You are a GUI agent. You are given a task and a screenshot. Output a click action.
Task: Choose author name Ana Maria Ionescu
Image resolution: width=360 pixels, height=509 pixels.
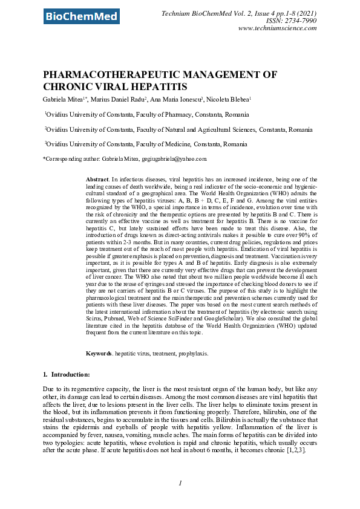[x=178, y=99]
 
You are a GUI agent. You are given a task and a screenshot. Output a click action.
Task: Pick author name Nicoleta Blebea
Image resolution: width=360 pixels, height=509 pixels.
[x=231, y=99]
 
